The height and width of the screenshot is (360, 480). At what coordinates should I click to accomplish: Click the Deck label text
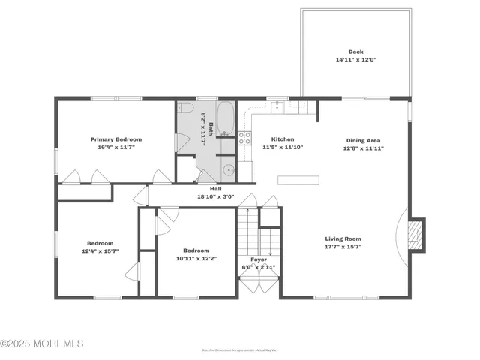(355, 52)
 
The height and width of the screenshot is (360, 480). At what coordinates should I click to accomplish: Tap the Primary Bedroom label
(116, 139)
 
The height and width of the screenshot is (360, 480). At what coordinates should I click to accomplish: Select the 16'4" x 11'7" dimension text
(116, 148)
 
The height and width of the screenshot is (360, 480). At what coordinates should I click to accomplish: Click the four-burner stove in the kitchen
(244, 138)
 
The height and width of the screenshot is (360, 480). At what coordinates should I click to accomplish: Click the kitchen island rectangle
(298, 180)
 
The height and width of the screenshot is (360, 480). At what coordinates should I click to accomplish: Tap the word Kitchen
(283, 139)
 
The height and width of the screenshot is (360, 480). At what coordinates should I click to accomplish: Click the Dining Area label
(363, 140)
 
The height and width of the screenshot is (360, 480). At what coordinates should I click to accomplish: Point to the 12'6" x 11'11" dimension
(363, 149)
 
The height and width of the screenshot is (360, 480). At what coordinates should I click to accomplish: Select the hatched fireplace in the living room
(415, 233)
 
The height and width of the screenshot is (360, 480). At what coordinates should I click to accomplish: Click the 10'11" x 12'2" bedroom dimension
(196, 259)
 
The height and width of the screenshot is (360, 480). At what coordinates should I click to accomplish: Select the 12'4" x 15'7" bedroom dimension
(99, 251)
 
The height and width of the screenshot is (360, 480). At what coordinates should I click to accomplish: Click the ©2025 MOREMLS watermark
(42, 343)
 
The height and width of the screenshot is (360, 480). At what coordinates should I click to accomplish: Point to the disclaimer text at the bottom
(239, 350)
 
